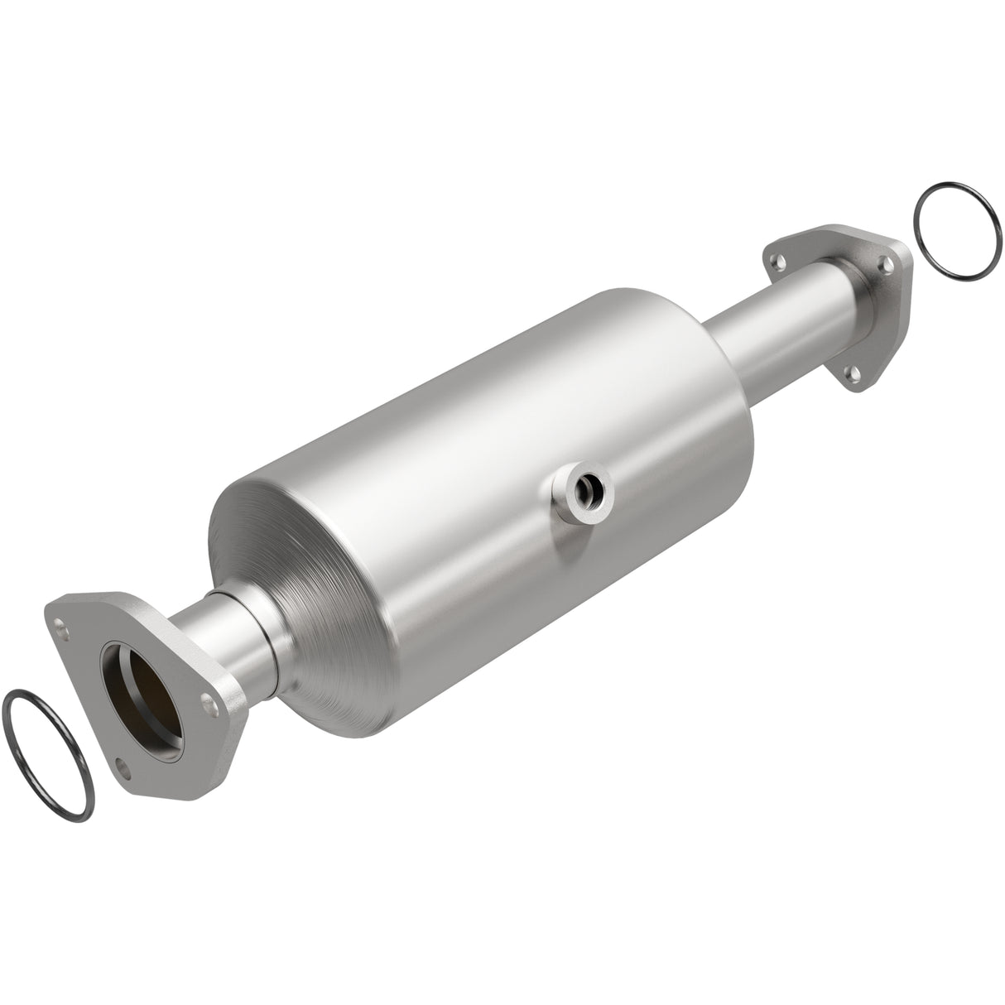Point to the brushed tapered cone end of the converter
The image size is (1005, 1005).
(x=273, y=596)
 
